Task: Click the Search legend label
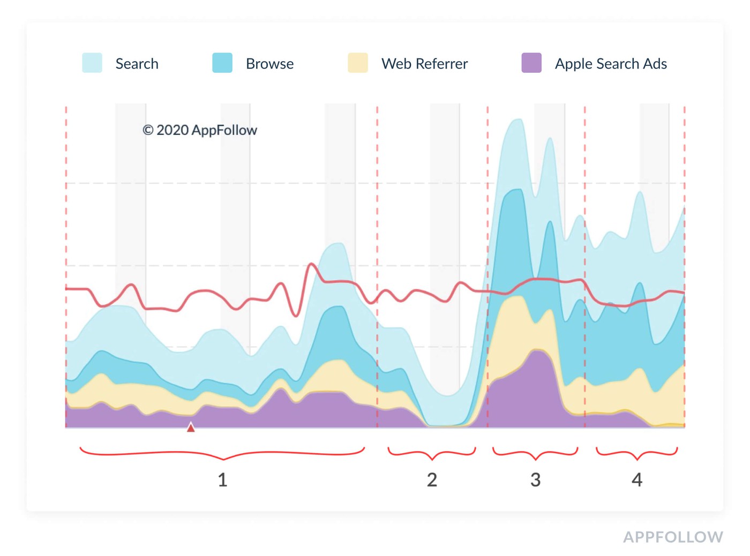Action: pyautogui.click(x=137, y=64)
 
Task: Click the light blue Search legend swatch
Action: pyautogui.click(x=92, y=63)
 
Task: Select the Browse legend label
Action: pyautogui.click(x=269, y=64)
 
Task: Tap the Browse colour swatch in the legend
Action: pyautogui.click(x=222, y=63)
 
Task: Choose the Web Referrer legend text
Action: pyautogui.click(x=424, y=64)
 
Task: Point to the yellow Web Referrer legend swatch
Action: pyautogui.click(x=357, y=63)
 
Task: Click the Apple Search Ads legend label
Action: pyautogui.click(x=611, y=64)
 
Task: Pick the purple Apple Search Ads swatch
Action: pyautogui.click(x=531, y=63)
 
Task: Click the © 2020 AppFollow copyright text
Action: pyautogui.click(x=200, y=130)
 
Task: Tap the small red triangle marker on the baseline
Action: pyautogui.click(x=191, y=427)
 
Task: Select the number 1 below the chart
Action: pyautogui.click(x=223, y=479)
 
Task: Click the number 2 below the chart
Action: pyautogui.click(x=432, y=479)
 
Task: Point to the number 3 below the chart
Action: pyautogui.click(x=535, y=479)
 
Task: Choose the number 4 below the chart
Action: pyautogui.click(x=636, y=479)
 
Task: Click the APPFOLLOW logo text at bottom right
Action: pyautogui.click(x=673, y=537)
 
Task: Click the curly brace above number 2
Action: pyautogui.click(x=432, y=454)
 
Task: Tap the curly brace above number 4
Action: pyautogui.click(x=636, y=454)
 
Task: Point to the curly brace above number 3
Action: pyautogui.click(x=535, y=454)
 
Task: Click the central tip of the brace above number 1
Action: pyautogui.click(x=223, y=459)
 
